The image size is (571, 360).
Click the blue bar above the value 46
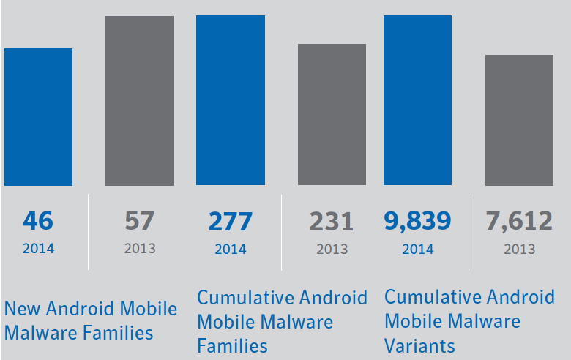tap(38, 117)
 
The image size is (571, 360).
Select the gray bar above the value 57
tap(140, 101)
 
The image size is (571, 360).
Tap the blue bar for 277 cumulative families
tap(231, 100)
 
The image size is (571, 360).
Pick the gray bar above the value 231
tap(332, 114)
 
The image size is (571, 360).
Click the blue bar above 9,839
tap(417, 100)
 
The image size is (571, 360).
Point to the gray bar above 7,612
tap(519, 120)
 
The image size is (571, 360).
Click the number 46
tap(38, 220)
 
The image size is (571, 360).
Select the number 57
tap(140, 220)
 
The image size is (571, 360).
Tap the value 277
tap(231, 220)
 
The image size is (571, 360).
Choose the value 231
tap(332, 220)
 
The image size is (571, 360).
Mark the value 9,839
tap(417, 220)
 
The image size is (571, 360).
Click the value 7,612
tap(519, 220)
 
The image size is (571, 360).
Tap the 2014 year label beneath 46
tap(38, 249)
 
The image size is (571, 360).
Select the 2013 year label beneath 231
tap(332, 249)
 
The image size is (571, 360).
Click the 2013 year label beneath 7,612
tap(519, 249)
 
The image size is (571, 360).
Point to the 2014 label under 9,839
tap(417, 249)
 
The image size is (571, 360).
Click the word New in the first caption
tap(22, 309)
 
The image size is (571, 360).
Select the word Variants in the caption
tap(419, 345)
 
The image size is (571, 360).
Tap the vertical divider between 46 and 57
tap(89, 230)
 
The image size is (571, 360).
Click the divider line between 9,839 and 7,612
tap(469, 230)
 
